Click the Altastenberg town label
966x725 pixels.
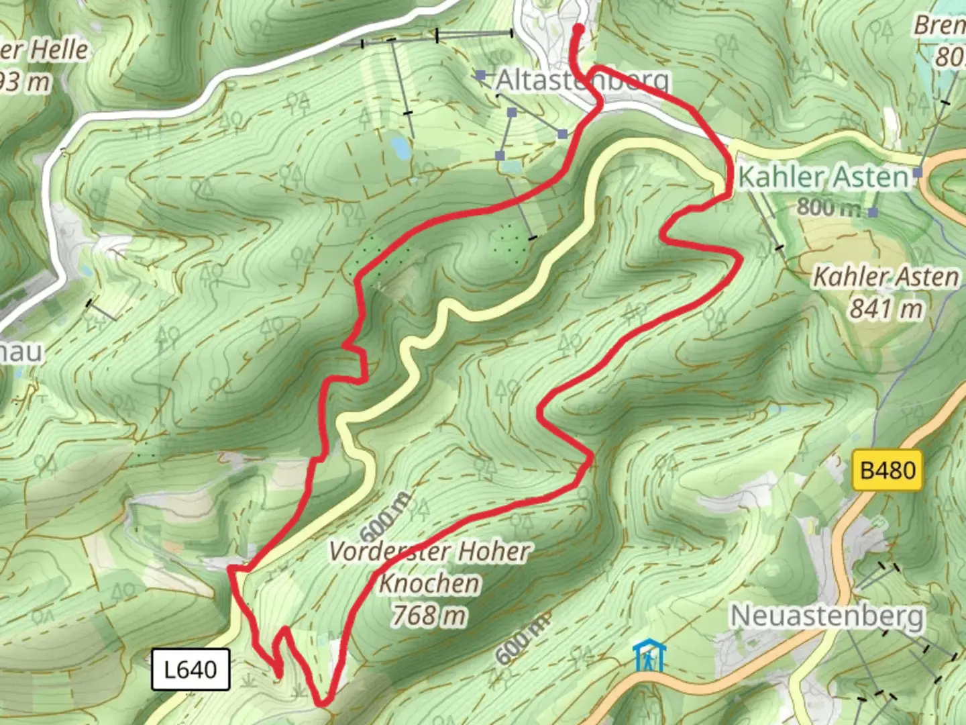(582, 81)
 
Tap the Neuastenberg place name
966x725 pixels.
(826, 616)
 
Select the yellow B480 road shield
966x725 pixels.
(888, 470)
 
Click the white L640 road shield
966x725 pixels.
(191, 669)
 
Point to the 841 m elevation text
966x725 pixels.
(885, 309)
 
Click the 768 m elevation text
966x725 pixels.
(429, 615)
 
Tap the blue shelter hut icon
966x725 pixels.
(649, 656)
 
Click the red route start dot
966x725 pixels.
(578, 28)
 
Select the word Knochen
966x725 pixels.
(429, 583)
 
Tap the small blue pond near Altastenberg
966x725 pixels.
(400, 146)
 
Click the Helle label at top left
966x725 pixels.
(59, 50)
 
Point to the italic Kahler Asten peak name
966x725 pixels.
(885, 277)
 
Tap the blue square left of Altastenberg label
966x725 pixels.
(480, 76)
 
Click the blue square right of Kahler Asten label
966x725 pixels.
(918, 173)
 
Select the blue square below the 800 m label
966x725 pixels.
(873, 212)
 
